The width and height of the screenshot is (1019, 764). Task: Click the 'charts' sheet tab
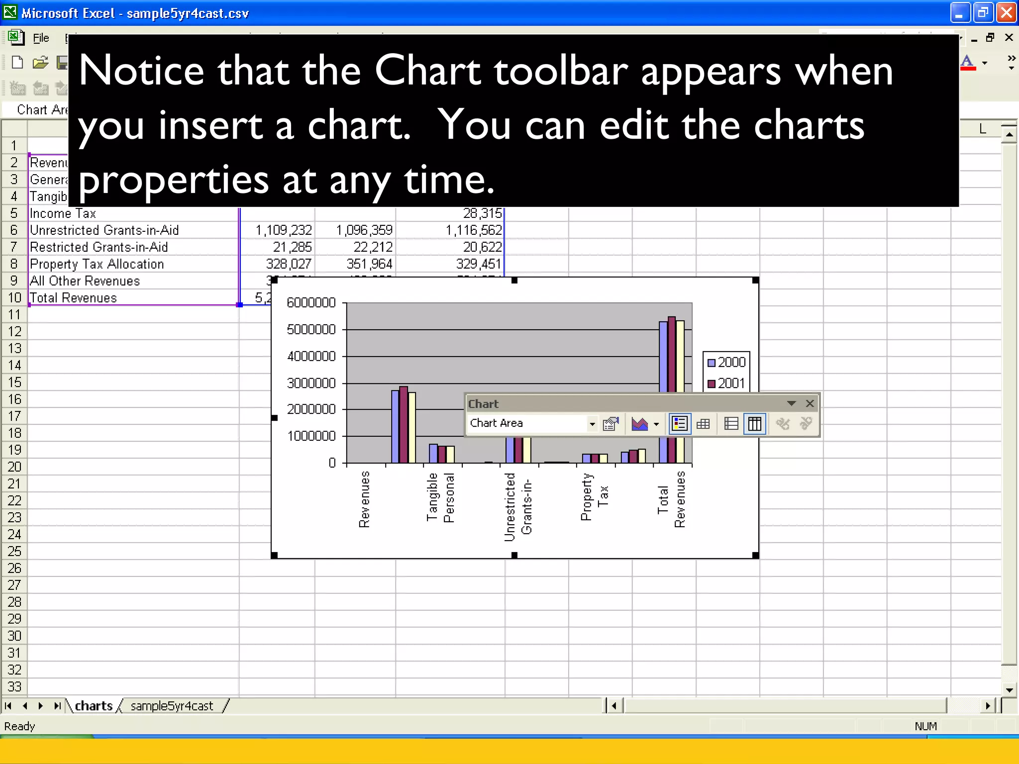click(x=94, y=706)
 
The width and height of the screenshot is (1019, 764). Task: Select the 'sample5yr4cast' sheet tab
click(x=172, y=706)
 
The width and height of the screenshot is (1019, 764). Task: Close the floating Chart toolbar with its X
click(x=810, y=403)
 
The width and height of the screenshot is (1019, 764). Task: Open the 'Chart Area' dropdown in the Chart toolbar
click(x=592, y=424)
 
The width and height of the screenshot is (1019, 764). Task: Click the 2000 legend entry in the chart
click(x=726, y=362)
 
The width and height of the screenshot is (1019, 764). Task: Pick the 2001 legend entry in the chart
click(x=726, y=383)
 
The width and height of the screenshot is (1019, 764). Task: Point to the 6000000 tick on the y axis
click(x=311, y=303)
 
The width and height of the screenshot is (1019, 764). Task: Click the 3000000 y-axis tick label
click(x=311, y=383)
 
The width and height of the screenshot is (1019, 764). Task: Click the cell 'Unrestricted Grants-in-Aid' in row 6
click(x=104, y=230)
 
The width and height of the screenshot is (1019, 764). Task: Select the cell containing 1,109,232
click(x=284, y=230)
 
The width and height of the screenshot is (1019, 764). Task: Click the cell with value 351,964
click(x=369, y=264)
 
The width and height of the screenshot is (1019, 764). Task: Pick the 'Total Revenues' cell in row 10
click(x=74, y=298)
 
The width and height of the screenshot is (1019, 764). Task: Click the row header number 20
click(x=14, y=467)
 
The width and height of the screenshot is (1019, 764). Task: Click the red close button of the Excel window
click(x=1006, y=12)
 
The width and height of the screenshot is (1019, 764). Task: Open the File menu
click(x=41, y=38)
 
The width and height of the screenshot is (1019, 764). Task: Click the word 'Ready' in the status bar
click(x=19, y=726)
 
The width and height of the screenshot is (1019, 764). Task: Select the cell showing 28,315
click(x=482, y=213)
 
